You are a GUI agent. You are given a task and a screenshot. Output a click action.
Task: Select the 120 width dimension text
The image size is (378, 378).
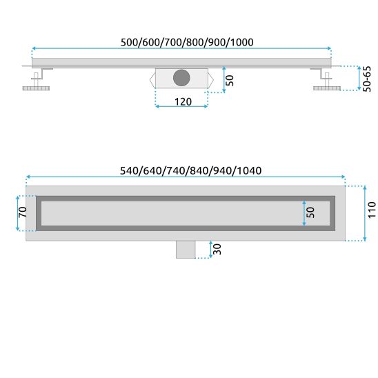181,101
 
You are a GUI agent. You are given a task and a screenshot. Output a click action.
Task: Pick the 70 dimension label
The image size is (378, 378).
21,214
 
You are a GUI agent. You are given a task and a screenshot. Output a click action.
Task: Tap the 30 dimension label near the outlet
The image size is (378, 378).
217,248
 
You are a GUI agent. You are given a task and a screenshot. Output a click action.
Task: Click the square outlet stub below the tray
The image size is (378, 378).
186,248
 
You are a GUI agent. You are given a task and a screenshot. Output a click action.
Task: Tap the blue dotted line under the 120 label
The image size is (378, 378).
182,108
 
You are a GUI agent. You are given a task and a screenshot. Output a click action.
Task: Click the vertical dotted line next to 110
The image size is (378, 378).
364,213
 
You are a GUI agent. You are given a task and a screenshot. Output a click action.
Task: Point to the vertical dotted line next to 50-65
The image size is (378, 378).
359,79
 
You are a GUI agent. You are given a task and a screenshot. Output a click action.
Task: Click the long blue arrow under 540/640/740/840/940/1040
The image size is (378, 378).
184,178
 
